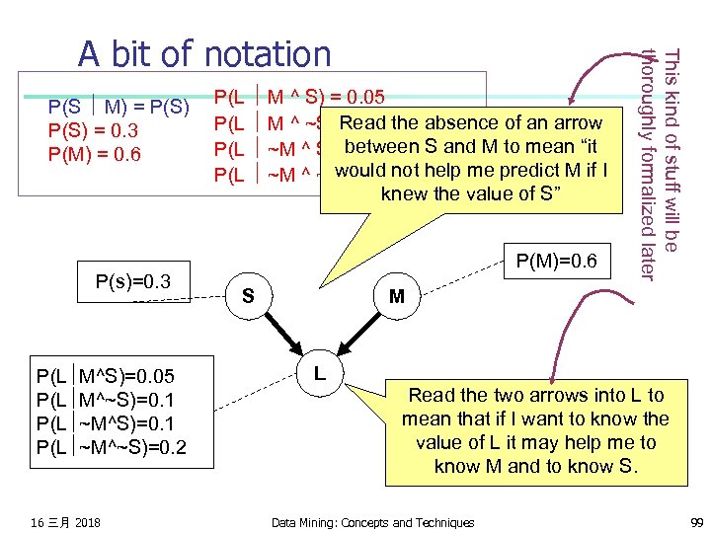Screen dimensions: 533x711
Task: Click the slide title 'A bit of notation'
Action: [x=205, y=53]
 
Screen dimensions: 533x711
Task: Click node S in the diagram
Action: [x=248, y=296]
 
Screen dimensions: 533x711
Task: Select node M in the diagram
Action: [x=396, y=296]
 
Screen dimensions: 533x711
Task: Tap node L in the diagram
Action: [x=320, y=373]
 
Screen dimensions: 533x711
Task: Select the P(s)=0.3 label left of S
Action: [x=133, y=282]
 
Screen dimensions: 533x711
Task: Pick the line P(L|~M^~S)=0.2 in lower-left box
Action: [x=111, y=449]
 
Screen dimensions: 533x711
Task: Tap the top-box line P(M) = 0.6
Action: [x=95, y=155]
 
